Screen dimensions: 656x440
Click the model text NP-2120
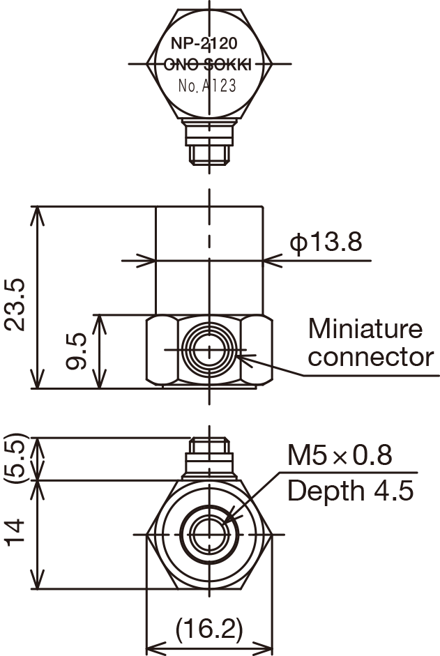coord(208,43)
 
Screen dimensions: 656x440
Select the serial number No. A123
coord(208,86)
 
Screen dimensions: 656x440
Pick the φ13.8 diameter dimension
coord(326,242)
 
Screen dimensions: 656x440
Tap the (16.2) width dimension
coord(208,630)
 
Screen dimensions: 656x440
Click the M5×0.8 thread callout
coord(340,457)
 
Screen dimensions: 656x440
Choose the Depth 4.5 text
coord(350,490)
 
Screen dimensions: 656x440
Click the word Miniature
coord(365,328)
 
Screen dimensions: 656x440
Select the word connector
coord(370,357)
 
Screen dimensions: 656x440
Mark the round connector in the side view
coord(208,349)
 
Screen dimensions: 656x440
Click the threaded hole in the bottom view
coord(208,535)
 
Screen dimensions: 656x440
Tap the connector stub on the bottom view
coord(208,457)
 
